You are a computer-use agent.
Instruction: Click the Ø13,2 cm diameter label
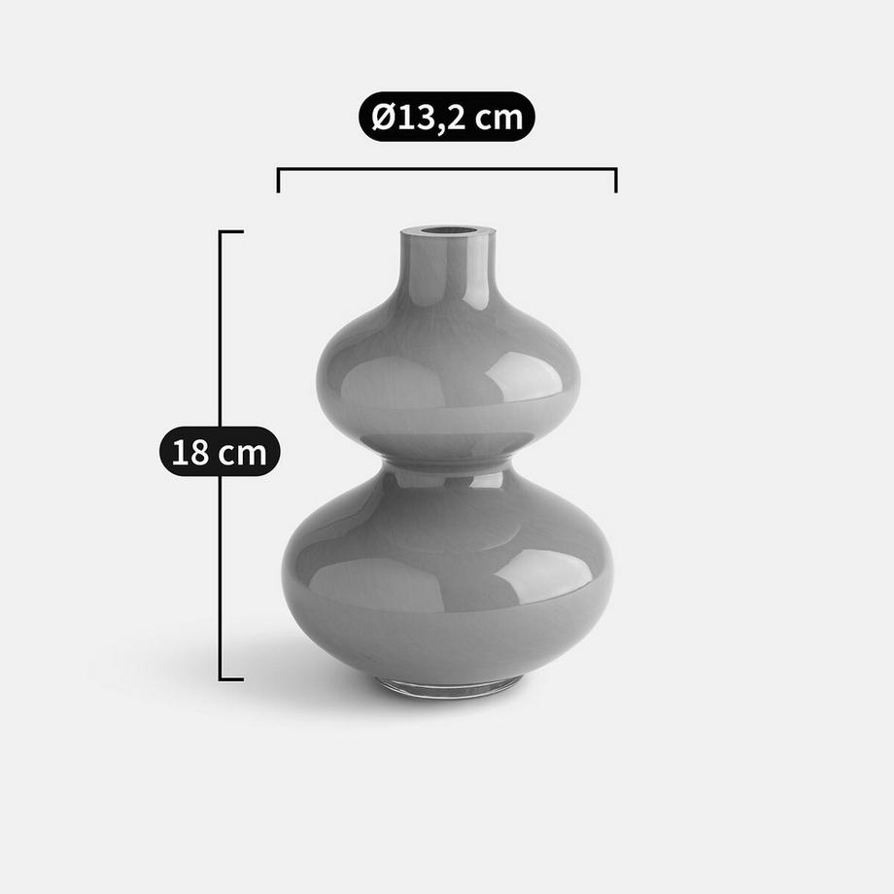[x=447, y=118]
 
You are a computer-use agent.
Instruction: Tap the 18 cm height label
[x=220, y=452]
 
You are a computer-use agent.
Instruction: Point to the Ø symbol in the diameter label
[x=382, y=118]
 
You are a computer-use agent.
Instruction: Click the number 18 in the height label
[x=189, y=453]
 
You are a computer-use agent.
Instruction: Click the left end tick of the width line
[x=278, y=180]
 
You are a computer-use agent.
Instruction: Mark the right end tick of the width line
[x=616, y=180]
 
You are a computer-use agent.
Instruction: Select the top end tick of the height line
[x=231, y=231]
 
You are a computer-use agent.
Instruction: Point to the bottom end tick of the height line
[x=231, y=678]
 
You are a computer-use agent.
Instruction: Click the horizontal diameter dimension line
[x=447, y=169]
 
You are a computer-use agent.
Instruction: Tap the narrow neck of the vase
[x=448, y=267]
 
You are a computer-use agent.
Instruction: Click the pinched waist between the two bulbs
[x=448, y=459]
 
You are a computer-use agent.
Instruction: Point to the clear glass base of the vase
[x=448, y=689]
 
